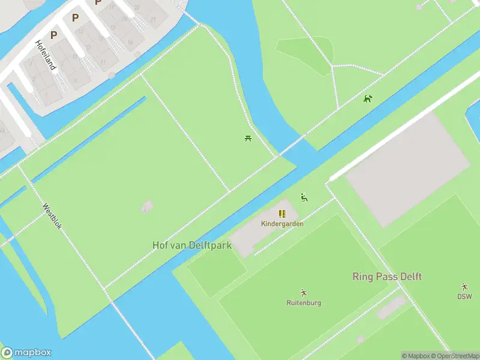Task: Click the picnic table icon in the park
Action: click(248, 139)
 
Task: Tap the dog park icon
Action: click(368, 98)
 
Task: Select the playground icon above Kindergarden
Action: click(304, 197)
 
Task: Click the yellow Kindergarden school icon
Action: click(282, 214)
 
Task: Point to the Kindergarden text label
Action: click(282, 224)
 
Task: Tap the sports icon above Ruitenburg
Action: click(304, 293)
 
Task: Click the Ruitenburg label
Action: click(304, 303)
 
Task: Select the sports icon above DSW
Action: click(464, 287)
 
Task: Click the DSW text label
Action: click(464, 296)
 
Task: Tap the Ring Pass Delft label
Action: click(386, 277)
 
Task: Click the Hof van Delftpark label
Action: click(191, 245)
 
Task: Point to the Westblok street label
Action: click(52, 216)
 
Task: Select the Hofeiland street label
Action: click(46, 55)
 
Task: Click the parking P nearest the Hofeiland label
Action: click(53, 35)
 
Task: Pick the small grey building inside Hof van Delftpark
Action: click(146, 207)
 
